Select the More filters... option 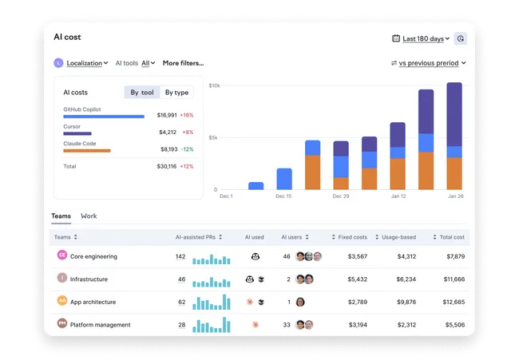coord(183,63)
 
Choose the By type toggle coord(176,93)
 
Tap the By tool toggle coord(142,93)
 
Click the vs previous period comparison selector coord(428,63)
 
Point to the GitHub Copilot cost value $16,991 coord(167,115)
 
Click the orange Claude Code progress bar coord(87,151)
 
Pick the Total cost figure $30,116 coord(167,167)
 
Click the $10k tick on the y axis coord(214,85)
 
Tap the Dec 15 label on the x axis coord(283,196)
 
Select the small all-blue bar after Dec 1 coord(256,186)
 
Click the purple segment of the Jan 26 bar coord(454,114)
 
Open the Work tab coord(89,216)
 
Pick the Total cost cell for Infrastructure coord(454,279)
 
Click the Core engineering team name coord(93,256)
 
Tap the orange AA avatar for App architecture coord(62,300)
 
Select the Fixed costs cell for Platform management coord(358,325)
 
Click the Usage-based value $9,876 coord(406,302)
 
